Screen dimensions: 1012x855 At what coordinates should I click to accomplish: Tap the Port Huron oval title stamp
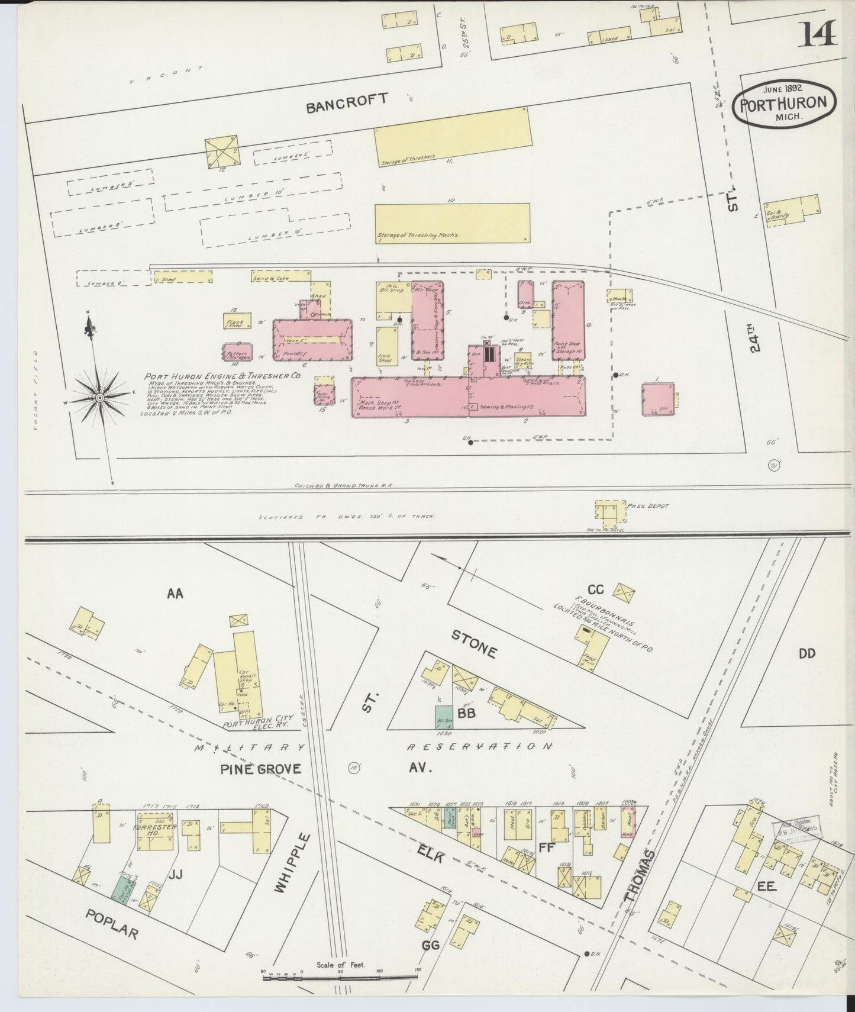(x=784, y=103)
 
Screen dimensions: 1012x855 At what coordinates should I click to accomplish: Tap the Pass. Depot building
(x=609, y=514)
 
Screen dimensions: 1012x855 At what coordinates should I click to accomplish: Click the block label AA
(x=175, y=592)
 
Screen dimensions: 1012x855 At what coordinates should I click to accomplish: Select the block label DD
(x=806, y=653)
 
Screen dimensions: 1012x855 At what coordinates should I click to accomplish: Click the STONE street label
(x=473, y=644)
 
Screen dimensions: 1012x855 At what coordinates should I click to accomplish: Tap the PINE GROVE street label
(x=261, y=769)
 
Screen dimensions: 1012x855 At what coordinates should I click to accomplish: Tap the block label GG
(x=430, y=946)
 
